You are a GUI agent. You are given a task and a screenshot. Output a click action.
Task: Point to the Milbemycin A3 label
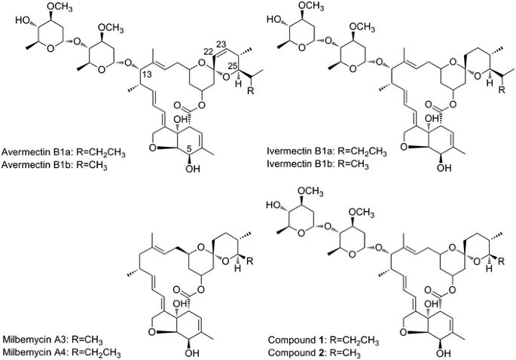click(32, 339)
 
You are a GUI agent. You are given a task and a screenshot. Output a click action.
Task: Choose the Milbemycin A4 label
click(32, 351)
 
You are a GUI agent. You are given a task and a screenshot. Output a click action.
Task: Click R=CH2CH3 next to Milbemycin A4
click(104, 351)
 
